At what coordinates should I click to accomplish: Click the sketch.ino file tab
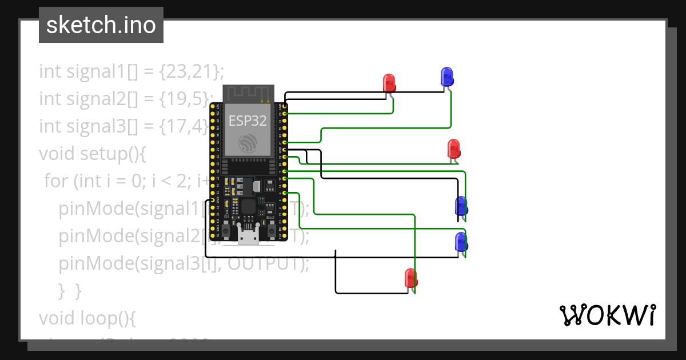coord(101,25)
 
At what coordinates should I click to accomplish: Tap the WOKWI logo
coord(607,315)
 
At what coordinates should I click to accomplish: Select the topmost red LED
coord(389,83)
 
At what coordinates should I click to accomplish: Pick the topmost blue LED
coord(446,77)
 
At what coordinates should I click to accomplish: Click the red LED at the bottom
coord(410,278)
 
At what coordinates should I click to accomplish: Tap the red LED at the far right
coord(453,149)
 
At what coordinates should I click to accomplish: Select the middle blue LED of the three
coord(461,206)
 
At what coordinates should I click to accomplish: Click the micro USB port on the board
coord(249,237)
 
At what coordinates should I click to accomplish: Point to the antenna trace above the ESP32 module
coord(248,93)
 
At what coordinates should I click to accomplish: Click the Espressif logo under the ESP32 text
coord(248,143)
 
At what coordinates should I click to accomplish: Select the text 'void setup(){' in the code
coord(93,154)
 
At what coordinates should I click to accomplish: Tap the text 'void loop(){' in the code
coord(87,317)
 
